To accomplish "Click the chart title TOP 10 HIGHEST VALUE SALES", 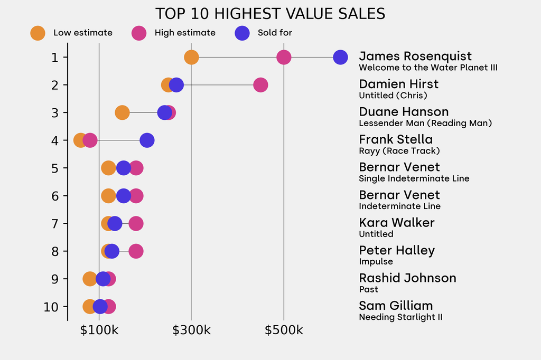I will click(270, 13).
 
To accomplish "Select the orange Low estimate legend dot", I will click(38, 33).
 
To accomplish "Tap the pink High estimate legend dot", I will click(139, 33).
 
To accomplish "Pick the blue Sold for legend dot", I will click(242, 33).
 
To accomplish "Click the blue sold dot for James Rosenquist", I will click(341, 57).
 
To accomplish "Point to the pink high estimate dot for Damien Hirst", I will click(260, 85).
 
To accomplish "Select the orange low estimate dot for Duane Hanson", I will click(122, 112).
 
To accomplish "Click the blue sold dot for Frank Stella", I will click(147, 140).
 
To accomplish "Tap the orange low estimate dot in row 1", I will click(191, 57).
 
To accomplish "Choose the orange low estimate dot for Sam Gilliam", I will click(89, 307).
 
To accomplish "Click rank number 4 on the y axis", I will click(55, 140).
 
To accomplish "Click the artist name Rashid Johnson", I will click(407, 278).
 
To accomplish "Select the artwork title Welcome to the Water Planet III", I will click(428, 68).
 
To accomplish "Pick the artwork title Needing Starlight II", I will click(400, 317).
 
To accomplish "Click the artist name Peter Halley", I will click(397, 250).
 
